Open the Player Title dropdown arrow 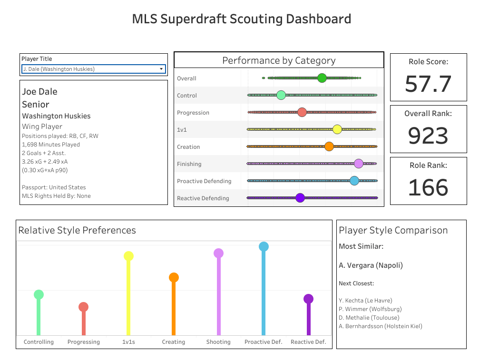click(x=161, y=69)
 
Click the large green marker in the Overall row click(x=322, y=78)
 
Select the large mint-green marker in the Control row click(x=281, y=95)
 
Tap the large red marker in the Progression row click(x=302, y=112)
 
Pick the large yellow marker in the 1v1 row click(x=337, y=129)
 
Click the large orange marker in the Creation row click(x=329, y=146)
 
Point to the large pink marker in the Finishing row click(x=359, y=164)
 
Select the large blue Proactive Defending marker click(x=354, y=181)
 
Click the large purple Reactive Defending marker click(x=300, y=198)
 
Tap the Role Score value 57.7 click(x=428, y=84)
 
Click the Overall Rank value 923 click(x=428, y=136)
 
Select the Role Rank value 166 click(x=428, y=187)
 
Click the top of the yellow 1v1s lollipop click(x=128, y=256)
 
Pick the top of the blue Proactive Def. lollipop click(x=264, y=247)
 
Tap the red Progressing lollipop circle click(x=83, y=307)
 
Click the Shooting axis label click(x=218, y=342)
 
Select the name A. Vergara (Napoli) click(x=371, y=265)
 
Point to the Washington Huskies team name click(x=56, y=116)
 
